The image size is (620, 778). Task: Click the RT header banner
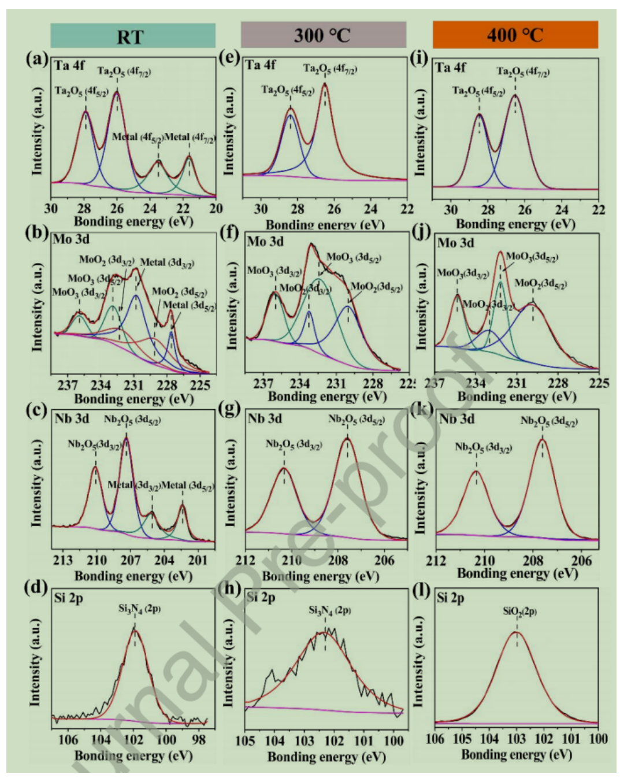[x=132, y=36]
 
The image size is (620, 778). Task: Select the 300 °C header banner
[x=323, y=35]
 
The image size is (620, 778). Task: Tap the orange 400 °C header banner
[x=515, y=35]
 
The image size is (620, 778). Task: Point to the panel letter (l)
[x=422, y=592]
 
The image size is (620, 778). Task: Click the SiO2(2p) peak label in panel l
[x=519, y=610]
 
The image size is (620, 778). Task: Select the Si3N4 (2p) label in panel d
[x=139, y=608]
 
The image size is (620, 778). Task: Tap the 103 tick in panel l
[x=516, y=739]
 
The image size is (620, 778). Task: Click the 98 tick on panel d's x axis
[x=199, y=739]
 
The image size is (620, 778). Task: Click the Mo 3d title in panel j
[x=455, y=243]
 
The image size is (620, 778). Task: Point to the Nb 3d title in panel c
[x=72, y=418]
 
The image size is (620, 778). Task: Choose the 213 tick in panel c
[x=63, y=560]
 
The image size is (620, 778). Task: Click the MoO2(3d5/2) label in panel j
[x=540, y=283]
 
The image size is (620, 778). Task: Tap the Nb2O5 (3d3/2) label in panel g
[x=294, y=444]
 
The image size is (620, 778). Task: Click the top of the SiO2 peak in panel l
[x=517, y=632]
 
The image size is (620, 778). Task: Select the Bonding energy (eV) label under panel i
[x=515, y=224]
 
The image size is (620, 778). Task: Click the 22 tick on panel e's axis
[x=407, y=209]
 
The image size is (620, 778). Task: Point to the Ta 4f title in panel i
[x=451, y=68]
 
